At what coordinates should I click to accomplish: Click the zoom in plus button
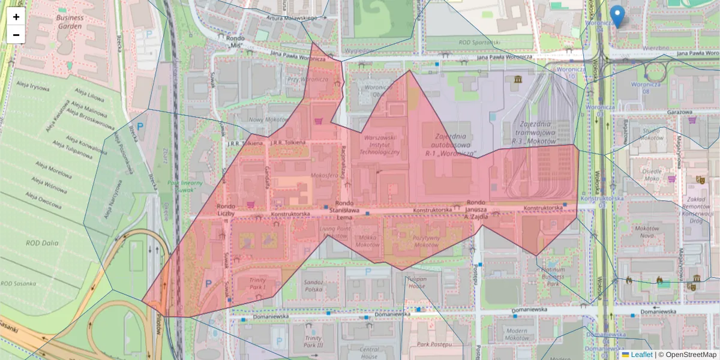click(16, 17)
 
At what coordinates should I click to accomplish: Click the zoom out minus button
click(16, 35)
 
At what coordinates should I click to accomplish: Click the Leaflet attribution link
click(641, 355)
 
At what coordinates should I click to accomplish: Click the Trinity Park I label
click(257, 283)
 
